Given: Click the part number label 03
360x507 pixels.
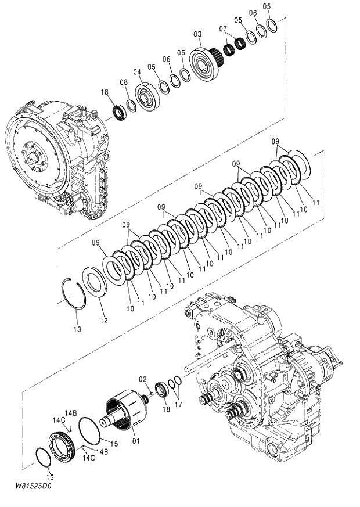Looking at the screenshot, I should coord(197,34).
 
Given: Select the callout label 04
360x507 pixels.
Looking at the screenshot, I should coord(137,72).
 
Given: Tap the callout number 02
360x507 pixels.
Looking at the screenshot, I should coord(142,379).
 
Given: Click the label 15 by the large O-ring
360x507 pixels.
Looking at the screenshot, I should coord(114,444).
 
